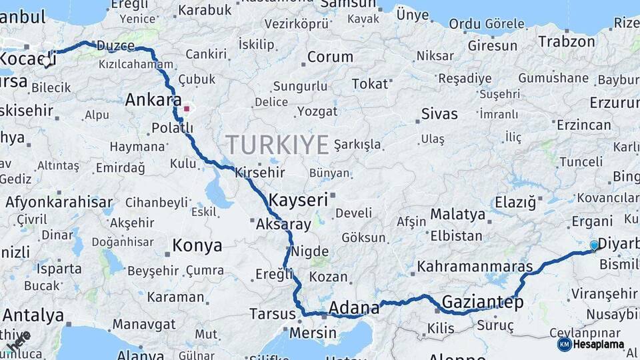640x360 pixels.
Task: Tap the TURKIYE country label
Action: coord(277,145)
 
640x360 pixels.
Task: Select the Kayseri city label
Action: coord(299,199)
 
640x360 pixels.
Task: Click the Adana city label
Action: coord(354,308)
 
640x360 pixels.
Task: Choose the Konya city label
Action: coord(197,245)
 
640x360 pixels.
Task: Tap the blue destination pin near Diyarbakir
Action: coord(595,245)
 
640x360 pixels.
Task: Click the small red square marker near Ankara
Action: coord(187,108)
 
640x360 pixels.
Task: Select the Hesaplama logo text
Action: coord(599,344)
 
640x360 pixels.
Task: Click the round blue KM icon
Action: coord(564,344)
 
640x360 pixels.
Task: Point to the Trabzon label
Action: coord(567,41)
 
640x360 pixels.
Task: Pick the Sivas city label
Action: coord(439,113)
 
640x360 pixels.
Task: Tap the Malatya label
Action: coord(457,214)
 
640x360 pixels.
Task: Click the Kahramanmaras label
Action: coord(475,266)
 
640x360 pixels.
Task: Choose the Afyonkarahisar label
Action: coord(59,202)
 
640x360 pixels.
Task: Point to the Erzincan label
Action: coord(584,125)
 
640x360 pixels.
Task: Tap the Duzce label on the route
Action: coord(116,46)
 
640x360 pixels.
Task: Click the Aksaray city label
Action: coord(283,224)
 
